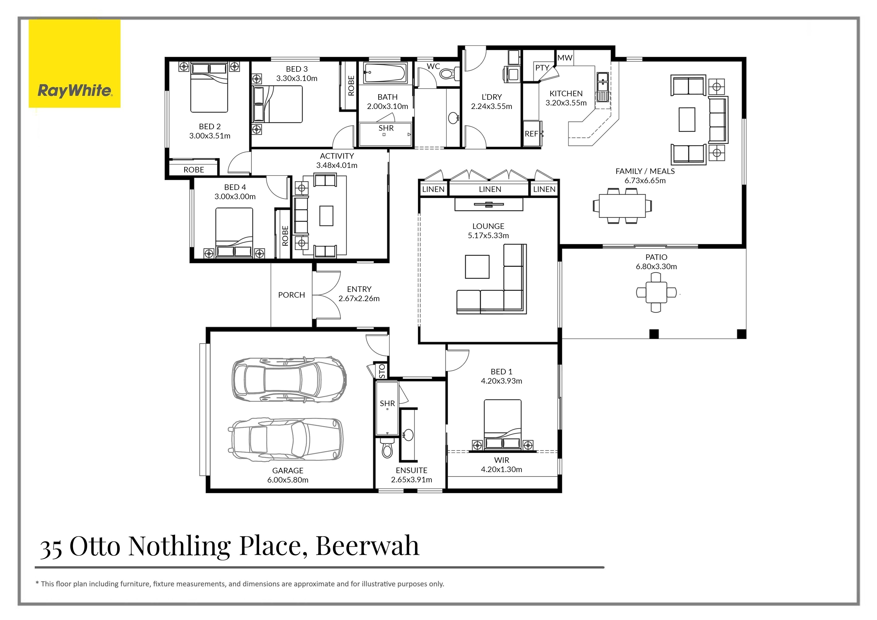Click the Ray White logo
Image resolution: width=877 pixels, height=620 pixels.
pyautogui.click(x=75, y=64)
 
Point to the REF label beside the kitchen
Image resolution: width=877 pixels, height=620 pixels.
pyautogui.click(x=531, y=134)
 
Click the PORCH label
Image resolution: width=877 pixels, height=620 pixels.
pyautogui.click(x=291, y=295)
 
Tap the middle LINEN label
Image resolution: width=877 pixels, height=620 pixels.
pyautogui.click(x=490, y=189)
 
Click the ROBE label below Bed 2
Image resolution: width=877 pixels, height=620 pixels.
pyautogui.click(x=194, y=170)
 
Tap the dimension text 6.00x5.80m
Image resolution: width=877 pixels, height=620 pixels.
pyautogui.click(x=287, y=480)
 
